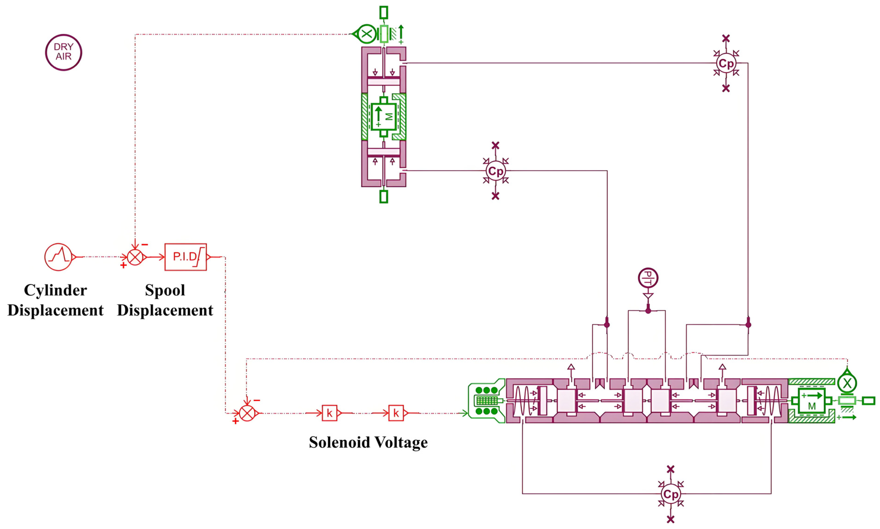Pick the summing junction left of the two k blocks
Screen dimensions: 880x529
247,413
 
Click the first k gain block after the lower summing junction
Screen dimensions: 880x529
329,413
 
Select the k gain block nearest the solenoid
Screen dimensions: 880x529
396,413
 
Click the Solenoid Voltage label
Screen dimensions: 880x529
368,442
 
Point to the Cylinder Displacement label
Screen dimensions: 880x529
55,300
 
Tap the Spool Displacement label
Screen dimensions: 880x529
165,300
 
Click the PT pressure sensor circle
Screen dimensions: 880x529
648,278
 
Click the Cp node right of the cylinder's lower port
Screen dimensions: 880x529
495,171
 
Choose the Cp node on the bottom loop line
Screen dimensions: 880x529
671,494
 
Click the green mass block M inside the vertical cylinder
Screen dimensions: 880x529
383,116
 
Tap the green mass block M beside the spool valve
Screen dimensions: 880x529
812,401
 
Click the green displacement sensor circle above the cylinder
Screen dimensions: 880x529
366,34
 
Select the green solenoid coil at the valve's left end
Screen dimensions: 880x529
486,401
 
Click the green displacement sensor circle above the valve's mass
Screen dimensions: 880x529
847,383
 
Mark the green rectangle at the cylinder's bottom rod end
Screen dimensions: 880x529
383,197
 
